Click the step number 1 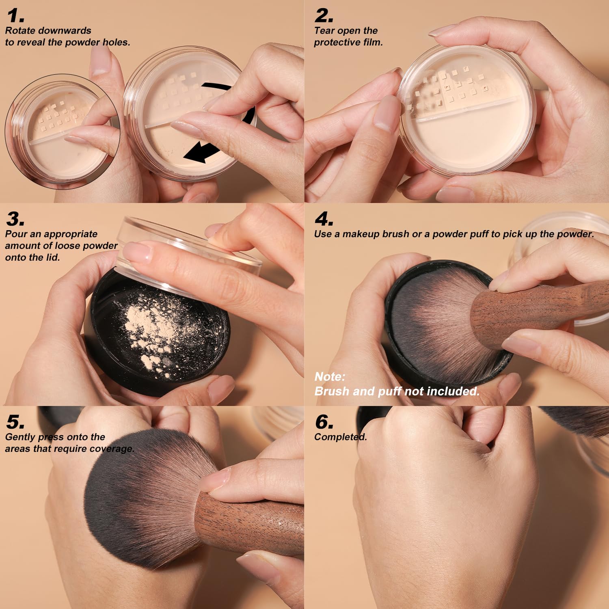point(15,16)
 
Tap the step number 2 point(324,16)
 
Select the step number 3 point(15,219)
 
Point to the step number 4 point(324,219)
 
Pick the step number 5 point(15,422)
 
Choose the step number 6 point(324,422)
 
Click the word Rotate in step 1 point(19,30)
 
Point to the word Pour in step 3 point(14,234)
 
